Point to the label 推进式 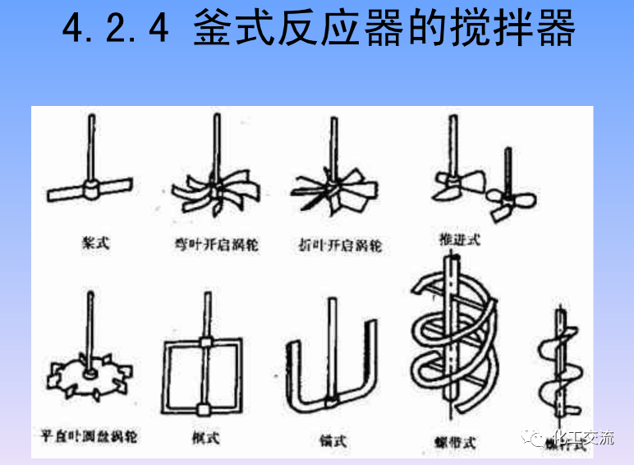(x=460, y=239)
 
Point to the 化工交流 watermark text (x=585, y=439)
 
